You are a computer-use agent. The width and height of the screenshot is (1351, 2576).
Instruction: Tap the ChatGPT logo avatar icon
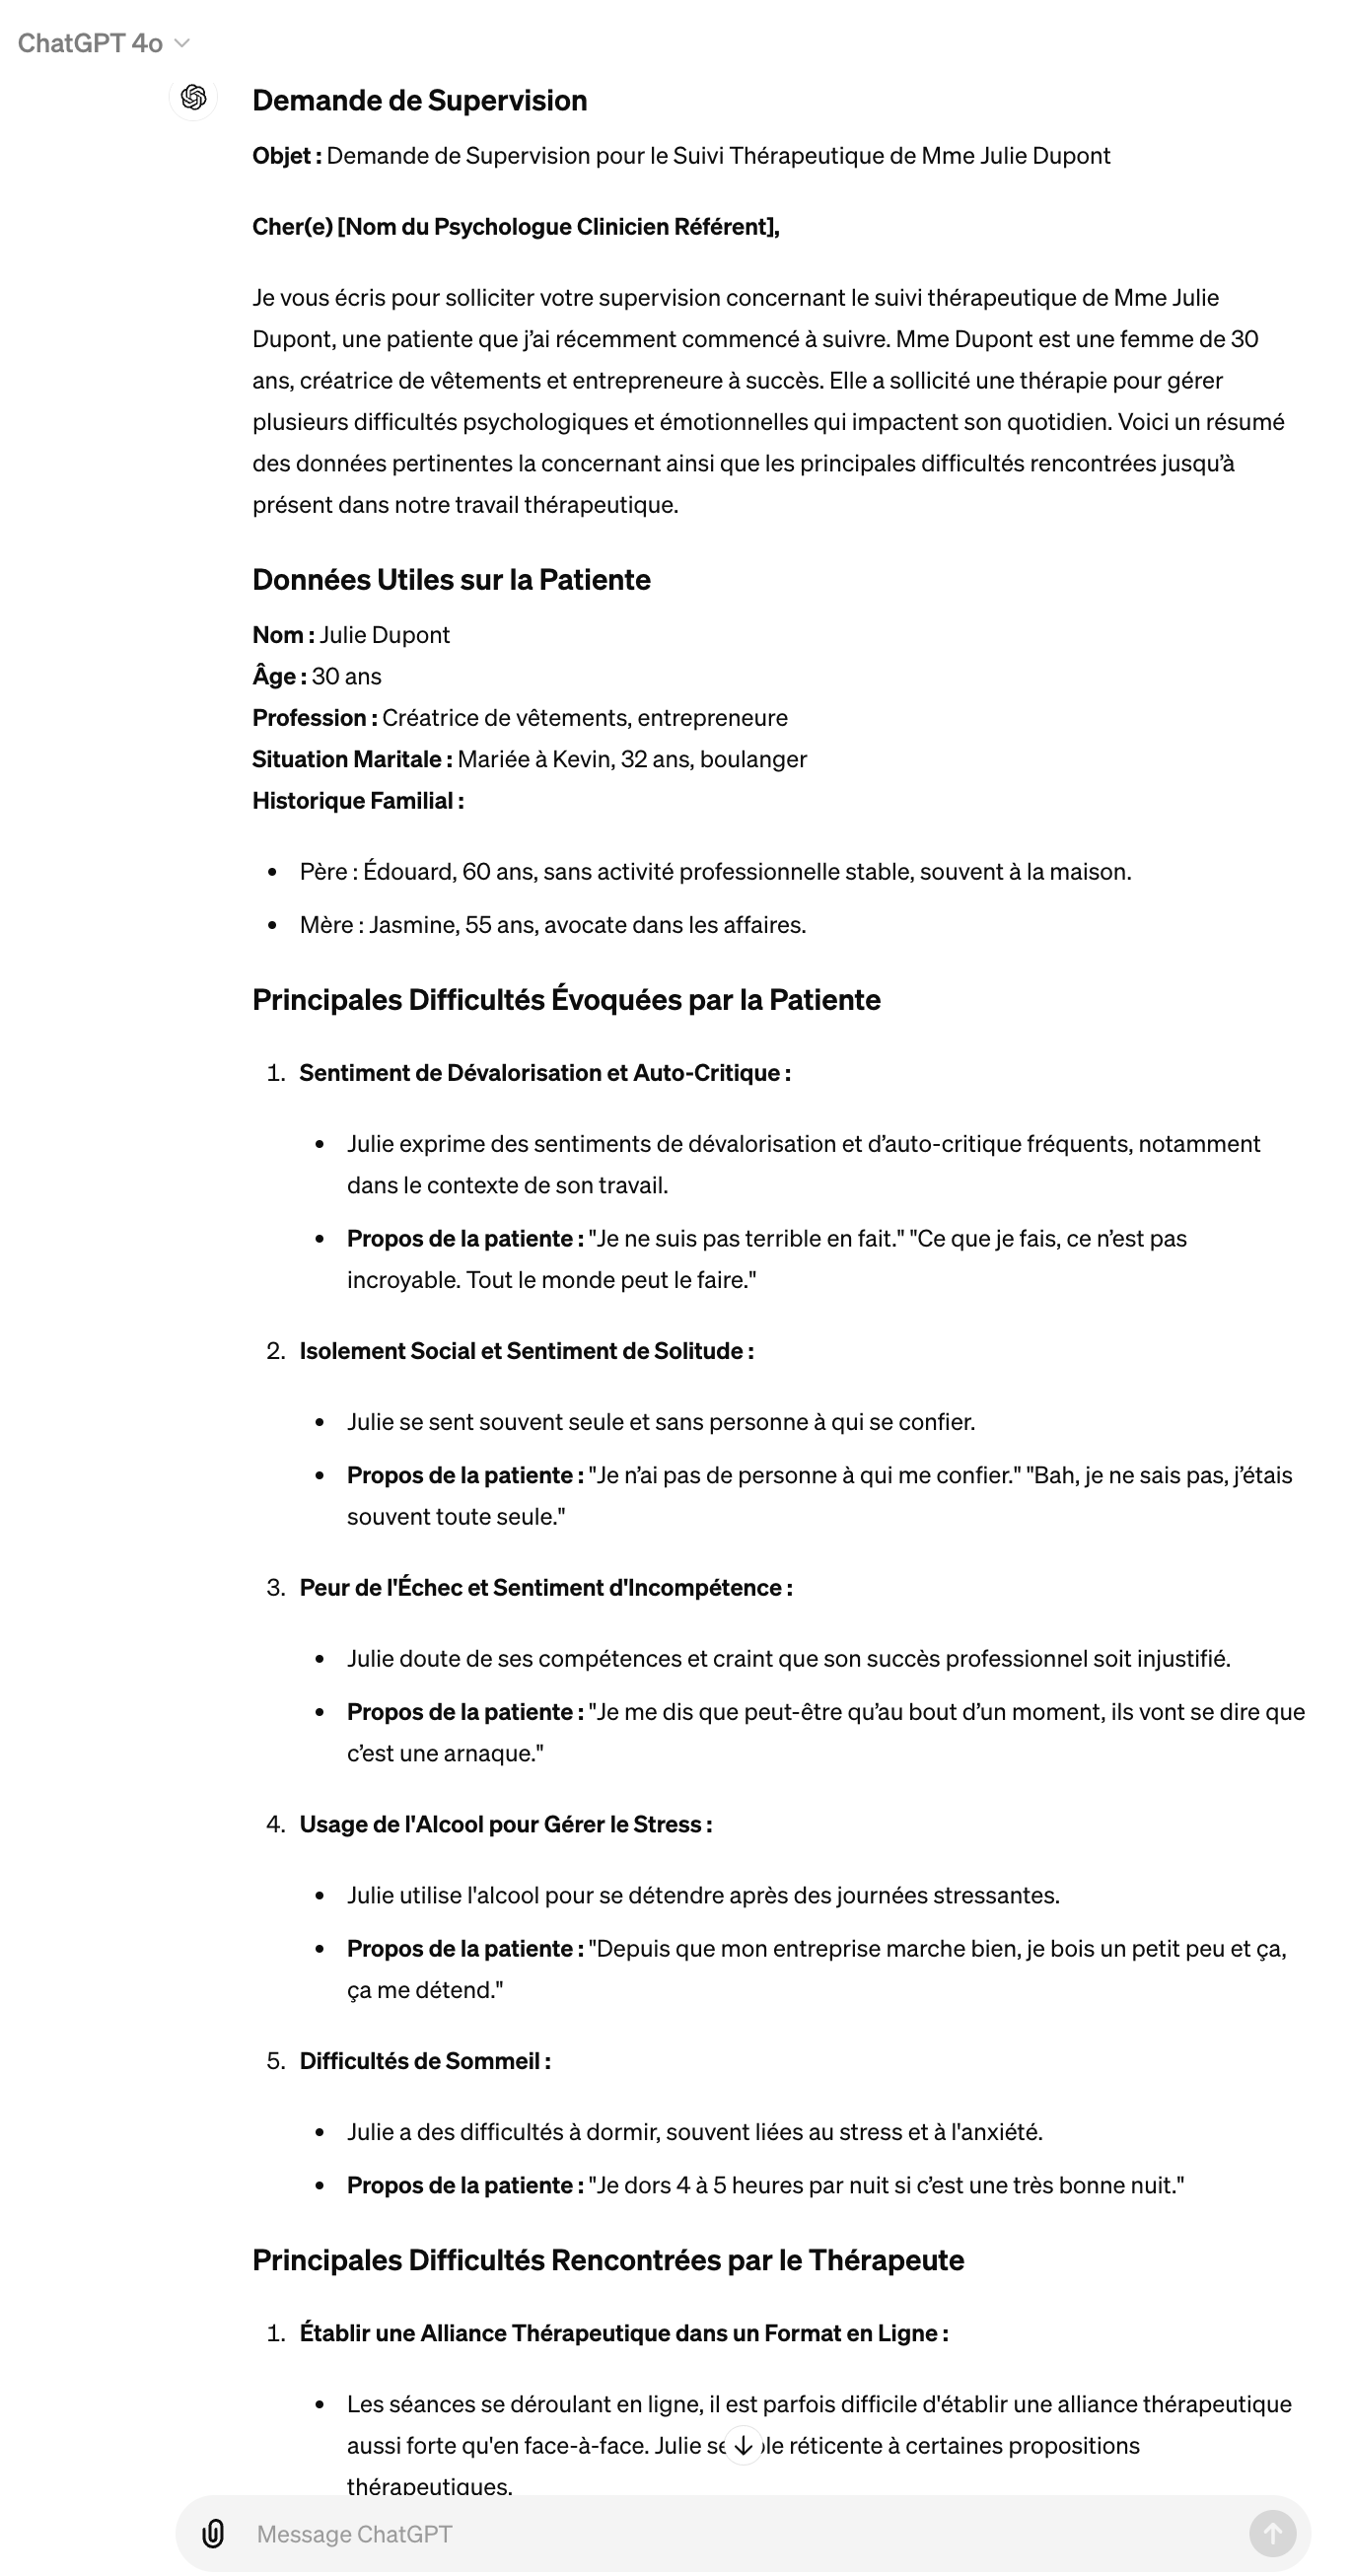point(194,97)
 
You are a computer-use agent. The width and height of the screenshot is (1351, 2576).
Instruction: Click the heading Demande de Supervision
point(419,100)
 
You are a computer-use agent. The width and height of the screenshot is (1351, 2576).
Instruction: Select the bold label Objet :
point(286,156)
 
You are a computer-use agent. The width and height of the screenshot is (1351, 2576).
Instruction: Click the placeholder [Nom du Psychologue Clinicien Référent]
point(557,227)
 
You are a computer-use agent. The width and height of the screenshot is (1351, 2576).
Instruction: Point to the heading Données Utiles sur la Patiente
point(451,580)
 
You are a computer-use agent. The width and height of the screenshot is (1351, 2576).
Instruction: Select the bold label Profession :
point(314,718)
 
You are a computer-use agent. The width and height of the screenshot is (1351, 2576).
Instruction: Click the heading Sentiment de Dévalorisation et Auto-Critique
point(544,1073)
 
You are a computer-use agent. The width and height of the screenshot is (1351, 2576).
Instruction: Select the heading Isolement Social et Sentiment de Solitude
point(526,1351)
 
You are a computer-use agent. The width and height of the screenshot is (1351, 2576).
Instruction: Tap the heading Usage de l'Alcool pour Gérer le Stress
point(505,1825)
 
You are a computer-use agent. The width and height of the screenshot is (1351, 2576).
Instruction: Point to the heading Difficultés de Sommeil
point(424,2062)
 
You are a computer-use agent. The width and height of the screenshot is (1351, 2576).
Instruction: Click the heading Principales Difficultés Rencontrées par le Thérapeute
point(608,2261)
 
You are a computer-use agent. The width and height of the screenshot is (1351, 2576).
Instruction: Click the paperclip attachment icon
point(213,2534)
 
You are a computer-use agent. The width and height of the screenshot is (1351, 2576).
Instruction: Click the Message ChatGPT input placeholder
point(354,2534)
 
